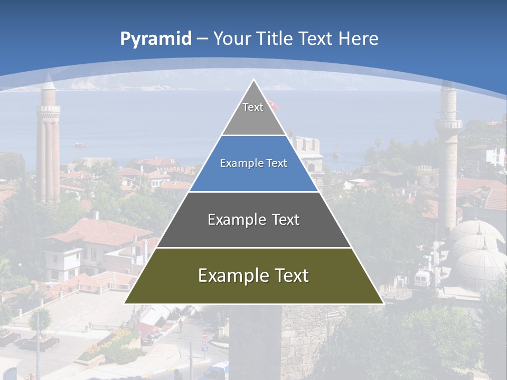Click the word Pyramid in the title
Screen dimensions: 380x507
point(155,39)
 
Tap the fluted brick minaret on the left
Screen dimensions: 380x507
point(48,142)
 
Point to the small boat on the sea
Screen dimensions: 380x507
point(80,144)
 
